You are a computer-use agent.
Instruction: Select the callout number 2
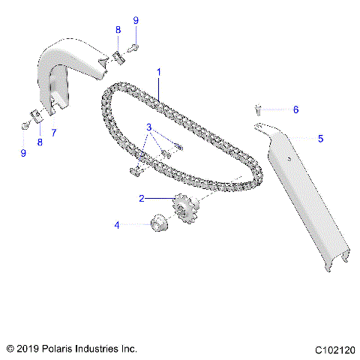point(140,199)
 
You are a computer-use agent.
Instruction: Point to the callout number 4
point(116,223)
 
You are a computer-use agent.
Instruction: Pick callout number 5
point(320,138)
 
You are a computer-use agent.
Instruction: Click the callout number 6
point(295,109)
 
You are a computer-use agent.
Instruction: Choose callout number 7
point(52,133)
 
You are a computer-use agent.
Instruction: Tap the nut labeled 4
point(158,223)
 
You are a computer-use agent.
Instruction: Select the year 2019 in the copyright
point(28,349)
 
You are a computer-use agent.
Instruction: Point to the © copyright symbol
point(10,349)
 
